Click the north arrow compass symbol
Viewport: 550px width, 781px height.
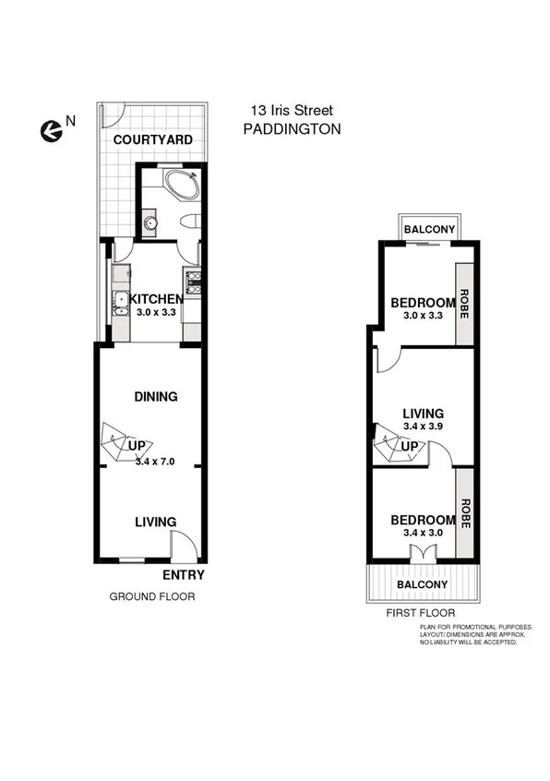[52, 132]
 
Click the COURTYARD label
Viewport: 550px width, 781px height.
[153, 140]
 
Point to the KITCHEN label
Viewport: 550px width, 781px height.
[155, 299]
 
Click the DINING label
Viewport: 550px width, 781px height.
[155, 397]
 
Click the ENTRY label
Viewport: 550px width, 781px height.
[183, 575]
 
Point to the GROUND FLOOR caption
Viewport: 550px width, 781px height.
[152, 596]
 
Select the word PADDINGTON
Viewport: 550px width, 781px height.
[292, 130]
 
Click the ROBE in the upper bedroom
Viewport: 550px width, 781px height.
[465, 303]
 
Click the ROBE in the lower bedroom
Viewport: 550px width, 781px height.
[465, 513]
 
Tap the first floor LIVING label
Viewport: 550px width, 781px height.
[423, 413]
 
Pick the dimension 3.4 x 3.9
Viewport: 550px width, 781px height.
[424, 427]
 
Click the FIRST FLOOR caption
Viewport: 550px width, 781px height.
[421, 613]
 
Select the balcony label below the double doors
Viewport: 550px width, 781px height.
[422, 584]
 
